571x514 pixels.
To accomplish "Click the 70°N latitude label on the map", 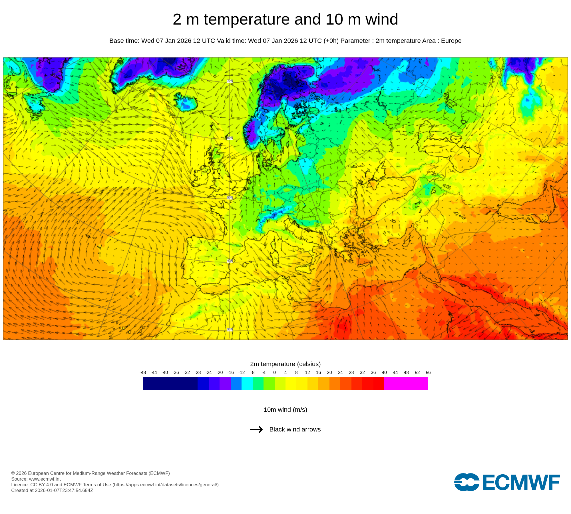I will (x=230, y=81).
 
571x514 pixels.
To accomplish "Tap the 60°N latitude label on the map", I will (x=230, y=138).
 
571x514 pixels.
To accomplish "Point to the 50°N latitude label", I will (x=230, y=198).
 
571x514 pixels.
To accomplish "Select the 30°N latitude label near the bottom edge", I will (x=230, y=330).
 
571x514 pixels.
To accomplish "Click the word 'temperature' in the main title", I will (x=247, y=19).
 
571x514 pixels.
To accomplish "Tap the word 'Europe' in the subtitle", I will (x=451, y=41).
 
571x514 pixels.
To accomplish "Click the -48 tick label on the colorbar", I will (x=143, y=372).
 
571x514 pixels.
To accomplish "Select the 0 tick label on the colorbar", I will (x=274, y=372).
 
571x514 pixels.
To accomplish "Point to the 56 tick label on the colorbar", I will (x=428, y=372).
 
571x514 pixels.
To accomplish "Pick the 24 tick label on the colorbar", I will (x=340, y=372).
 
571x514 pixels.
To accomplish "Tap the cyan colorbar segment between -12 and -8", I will (x=247, y=384).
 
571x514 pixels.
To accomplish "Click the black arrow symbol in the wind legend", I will (x=256, y=429).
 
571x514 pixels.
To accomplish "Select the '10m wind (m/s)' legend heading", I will (x=285, y=410).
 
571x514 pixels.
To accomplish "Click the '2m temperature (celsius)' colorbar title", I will (x=285, y=364).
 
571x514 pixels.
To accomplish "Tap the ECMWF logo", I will (x=507, y=482).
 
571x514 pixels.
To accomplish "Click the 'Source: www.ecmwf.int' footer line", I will (x=36, y=479).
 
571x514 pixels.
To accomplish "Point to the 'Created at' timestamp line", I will (x=52, y=490).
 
